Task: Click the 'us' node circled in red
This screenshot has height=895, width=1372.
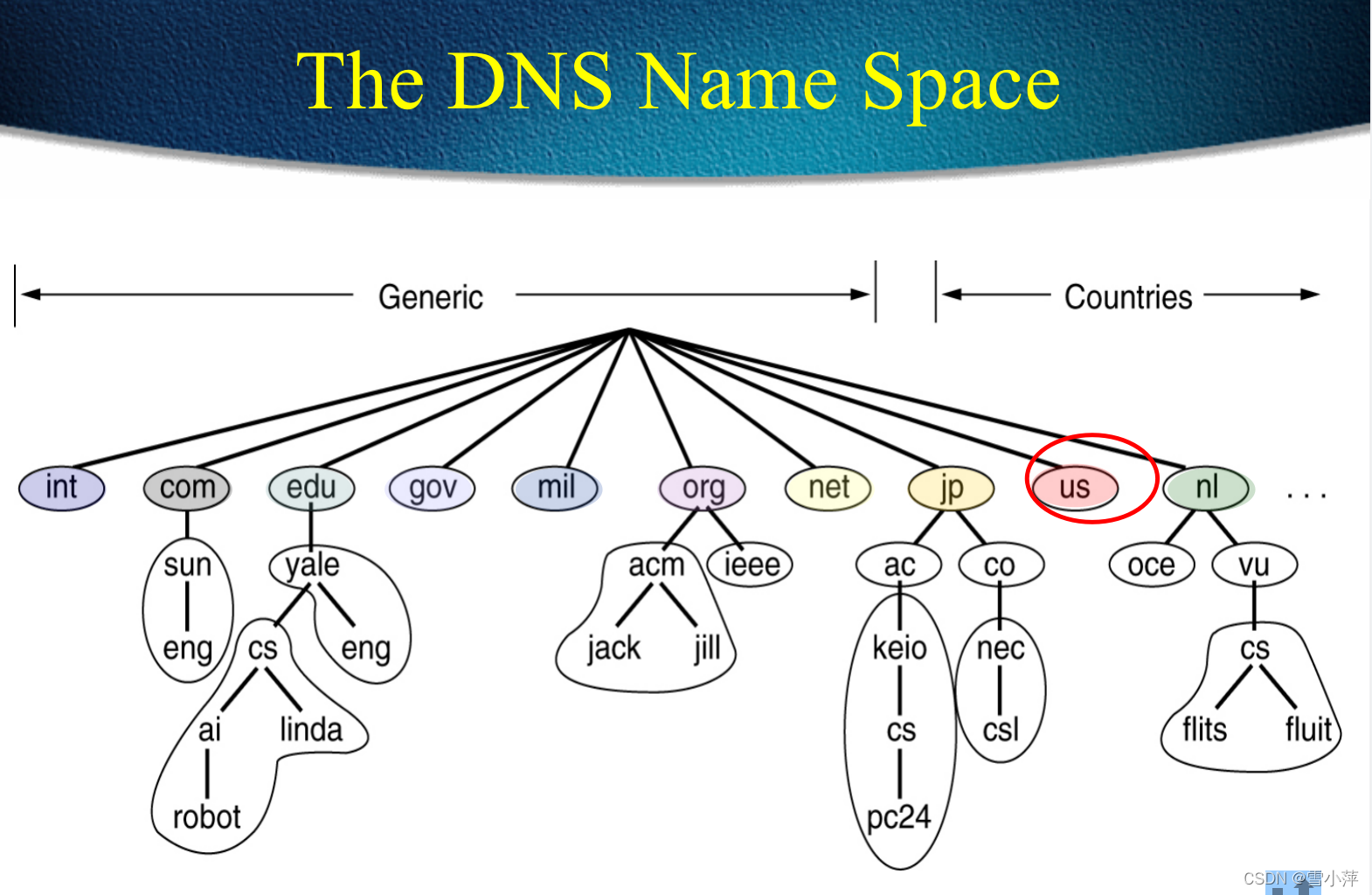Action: [1074, 488]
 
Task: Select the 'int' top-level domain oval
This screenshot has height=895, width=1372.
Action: [61, 488]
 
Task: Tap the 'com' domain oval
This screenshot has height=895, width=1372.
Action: [187, 488]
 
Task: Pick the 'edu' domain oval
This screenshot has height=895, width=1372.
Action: [311, 488]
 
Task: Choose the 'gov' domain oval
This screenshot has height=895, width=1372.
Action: [432, 488]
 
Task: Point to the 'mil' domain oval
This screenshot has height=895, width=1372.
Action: [556, 488]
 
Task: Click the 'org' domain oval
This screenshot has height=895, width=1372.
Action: [703, 488]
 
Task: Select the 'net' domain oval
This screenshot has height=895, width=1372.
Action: [828, 488]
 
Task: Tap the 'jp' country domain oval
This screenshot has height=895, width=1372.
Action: [951, 488]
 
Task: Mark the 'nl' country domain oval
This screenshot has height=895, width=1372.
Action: [1206, 488]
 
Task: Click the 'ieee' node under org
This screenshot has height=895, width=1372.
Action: [751, 565]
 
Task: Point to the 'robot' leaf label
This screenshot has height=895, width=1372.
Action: [206, 817]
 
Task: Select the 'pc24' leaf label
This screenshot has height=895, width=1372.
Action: [898, 817]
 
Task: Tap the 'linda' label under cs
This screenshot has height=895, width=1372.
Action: [311, 729]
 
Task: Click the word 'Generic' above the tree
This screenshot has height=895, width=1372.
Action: [431, 297]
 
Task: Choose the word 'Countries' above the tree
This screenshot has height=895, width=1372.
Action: [1127, 297]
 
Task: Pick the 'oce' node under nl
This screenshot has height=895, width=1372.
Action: [1151, 565]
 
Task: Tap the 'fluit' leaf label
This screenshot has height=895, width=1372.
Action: [1307, 729]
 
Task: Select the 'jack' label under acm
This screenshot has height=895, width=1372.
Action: [613, 649]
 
